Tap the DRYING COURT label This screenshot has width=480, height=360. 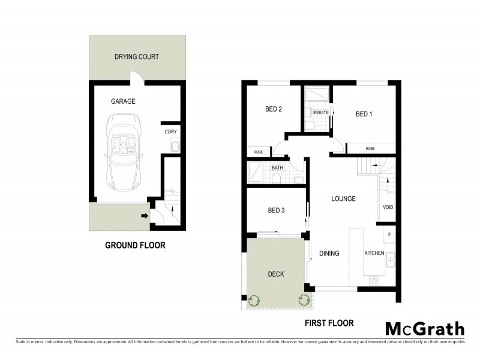[x=136, y=57]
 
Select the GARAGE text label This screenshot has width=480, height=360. [x=122, y=101]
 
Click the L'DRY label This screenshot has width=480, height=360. [x=170, y=132]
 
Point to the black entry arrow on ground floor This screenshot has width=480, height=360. [x=145, y=216]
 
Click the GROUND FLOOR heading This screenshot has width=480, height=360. [x=135, y=245]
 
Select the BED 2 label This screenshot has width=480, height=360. [x=274, y=109]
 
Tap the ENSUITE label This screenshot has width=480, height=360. [x=320, y=112]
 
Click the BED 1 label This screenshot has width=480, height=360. [x=364, y=114]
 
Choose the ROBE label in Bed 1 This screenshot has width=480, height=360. [x=370, y=148]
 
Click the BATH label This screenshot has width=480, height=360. [x=277, y=168]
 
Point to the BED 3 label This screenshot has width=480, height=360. [x=276, y=210]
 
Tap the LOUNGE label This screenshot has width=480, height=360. [x=343, y=199]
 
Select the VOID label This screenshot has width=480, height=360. [x=388, y=208]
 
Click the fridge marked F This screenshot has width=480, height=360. [x=389, y=233]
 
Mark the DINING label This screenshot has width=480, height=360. [x=329, y=253]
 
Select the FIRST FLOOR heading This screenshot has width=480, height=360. [x=328, y=323]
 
